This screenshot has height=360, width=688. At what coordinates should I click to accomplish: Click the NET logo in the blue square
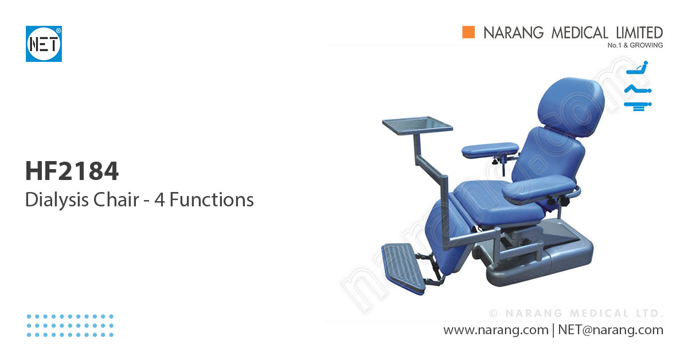tap(44, 44)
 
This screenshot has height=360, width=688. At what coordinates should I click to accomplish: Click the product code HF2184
tap(72, 171)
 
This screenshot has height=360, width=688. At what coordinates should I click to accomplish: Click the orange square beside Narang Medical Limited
tap(469, 33)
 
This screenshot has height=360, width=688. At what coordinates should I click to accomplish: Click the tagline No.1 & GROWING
tap(635, 45)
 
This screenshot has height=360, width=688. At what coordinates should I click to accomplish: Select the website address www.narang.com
tap(495, 330)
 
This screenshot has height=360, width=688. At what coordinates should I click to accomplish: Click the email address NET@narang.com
tap(610, 330)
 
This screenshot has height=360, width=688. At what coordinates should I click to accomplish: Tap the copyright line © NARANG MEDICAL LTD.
tap(576, 314)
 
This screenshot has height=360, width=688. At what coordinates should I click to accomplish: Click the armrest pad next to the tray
tap(489, 150)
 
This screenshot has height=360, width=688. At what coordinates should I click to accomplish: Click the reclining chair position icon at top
tap(638, 68)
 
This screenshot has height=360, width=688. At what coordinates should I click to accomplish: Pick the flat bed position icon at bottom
tap(638, 105)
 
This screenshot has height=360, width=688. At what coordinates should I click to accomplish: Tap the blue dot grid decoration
tap(70, 325)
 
